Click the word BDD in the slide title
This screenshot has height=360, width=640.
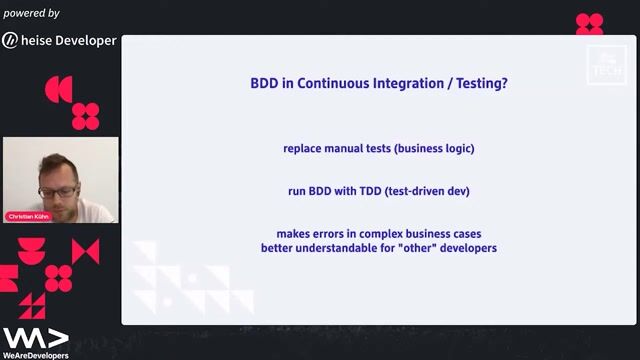click(265, 85)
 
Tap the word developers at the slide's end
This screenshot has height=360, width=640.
click(469, 248)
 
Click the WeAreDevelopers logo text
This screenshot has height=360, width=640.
click(35, 354)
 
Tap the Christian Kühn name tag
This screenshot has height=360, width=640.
click(27, 216)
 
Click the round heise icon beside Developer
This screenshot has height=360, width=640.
click(10, 41)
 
